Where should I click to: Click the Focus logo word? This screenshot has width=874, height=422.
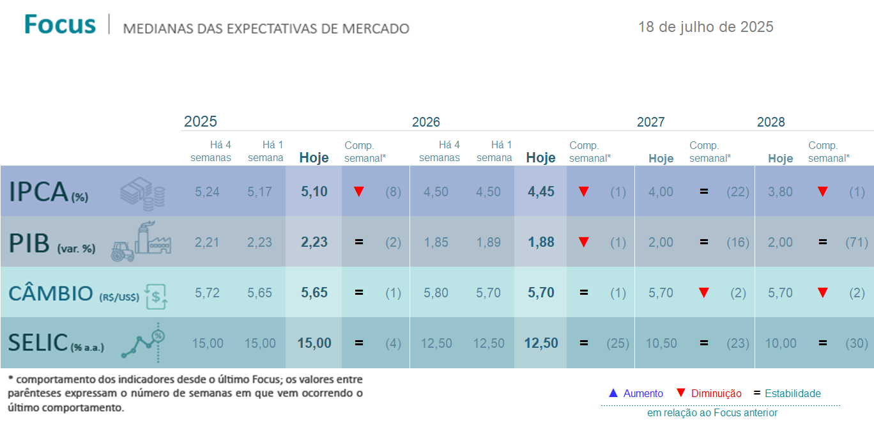coord(60,24)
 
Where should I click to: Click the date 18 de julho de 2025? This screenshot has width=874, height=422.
coord(705,27)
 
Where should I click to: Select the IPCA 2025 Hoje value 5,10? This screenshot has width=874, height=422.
coord(314,191)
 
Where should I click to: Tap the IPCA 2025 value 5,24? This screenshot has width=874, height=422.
coord(208,191)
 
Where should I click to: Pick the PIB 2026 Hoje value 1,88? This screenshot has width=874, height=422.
coord(541,242)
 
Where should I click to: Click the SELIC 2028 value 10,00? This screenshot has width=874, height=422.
coord(781,343)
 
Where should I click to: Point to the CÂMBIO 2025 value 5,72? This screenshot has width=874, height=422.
coord(208,293)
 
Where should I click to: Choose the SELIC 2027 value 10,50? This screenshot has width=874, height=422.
coord(661,343)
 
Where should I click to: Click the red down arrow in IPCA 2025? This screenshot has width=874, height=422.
coord(359,191)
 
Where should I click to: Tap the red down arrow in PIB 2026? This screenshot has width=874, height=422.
coord(583,242)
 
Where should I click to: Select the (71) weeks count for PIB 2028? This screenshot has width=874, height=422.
coord(857,242)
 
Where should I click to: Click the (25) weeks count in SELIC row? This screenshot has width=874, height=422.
coord(618,343)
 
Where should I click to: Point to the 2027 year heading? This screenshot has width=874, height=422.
coord(650,122)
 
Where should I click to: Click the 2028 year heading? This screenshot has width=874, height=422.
coord(771,122)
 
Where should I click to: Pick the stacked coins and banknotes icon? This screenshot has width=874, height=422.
coord(142,192)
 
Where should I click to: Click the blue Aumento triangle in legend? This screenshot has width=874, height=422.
coord(613,393)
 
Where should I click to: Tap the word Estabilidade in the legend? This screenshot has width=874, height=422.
coord(792,394)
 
